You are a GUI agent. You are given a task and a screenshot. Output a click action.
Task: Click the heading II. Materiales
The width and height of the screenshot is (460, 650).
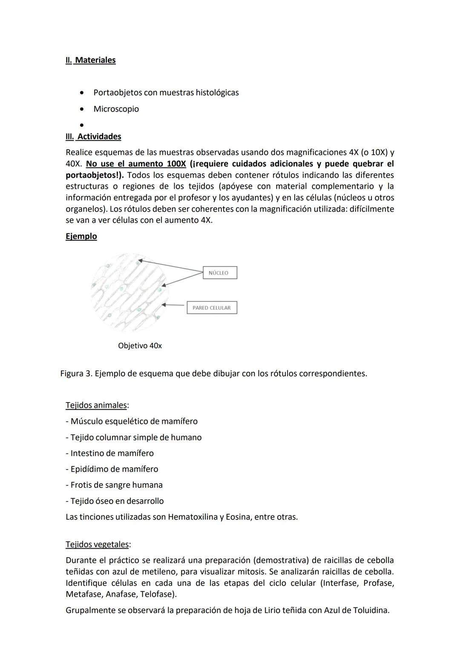point(90,60)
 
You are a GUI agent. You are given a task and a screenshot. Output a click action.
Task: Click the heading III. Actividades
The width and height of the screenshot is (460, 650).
point(93,136)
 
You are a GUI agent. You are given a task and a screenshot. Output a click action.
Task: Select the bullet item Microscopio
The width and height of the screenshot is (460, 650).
point(116,109)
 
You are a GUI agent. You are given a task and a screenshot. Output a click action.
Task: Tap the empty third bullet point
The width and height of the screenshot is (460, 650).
point(81,125)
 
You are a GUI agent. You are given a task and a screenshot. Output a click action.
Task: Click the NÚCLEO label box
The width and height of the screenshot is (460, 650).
point(220,273)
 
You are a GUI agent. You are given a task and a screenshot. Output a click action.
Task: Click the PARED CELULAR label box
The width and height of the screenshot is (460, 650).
point(212,308)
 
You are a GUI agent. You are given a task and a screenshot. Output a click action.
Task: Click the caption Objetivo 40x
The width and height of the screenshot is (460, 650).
point(140,345)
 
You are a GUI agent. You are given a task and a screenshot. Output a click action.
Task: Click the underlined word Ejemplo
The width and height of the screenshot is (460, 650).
point(81,236)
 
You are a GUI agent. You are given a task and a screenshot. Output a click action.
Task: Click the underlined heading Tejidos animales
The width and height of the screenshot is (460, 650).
point(96,405)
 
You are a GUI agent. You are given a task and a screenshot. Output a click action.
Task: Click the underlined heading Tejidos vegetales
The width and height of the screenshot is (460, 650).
point(97,544)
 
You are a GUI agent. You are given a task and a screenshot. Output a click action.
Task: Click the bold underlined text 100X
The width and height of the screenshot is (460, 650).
point(175,164)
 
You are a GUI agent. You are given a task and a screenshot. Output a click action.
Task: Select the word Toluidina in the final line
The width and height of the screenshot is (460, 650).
point(371,610)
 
